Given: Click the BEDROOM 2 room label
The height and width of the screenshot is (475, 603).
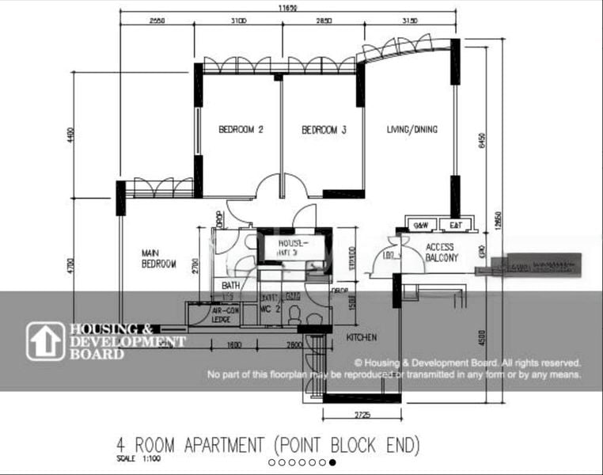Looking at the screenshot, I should tap(239, 130).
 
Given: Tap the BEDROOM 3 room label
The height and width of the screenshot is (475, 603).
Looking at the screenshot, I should tap(324, 130).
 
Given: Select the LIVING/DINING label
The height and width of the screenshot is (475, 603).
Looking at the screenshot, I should tap(411, 130).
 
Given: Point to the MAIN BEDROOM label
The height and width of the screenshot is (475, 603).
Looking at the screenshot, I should tap(158, 259).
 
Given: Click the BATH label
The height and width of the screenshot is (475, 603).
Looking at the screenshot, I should tap(230, 286).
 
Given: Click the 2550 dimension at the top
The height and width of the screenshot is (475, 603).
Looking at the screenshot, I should tap(157, 20).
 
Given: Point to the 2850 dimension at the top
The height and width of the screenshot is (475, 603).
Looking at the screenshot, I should tap(323, 20).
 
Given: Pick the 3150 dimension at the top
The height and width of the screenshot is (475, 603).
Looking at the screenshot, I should tap(409, 20).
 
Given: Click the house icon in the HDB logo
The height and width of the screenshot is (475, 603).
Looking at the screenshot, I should tap(45, 341).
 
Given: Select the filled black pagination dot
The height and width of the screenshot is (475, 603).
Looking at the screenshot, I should tap(332, 462).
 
